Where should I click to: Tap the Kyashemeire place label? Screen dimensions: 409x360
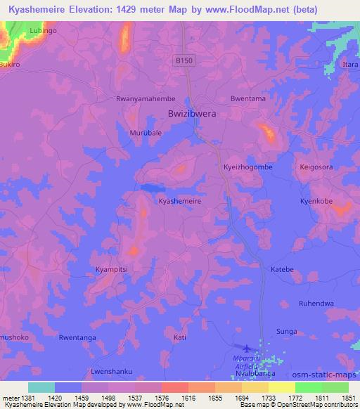click(x=180, y=201)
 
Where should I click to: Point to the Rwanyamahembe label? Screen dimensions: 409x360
click(x=146, y=99)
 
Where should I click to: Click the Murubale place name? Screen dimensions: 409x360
click(x=146, y=133)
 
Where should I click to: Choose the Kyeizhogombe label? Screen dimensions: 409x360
click(x=247, y=167)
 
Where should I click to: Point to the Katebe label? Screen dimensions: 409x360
click(x=282, y=269)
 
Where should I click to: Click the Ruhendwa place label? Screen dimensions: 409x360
click(x=316, y=304)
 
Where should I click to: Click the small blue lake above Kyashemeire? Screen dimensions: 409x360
click(x=149, y=188)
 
